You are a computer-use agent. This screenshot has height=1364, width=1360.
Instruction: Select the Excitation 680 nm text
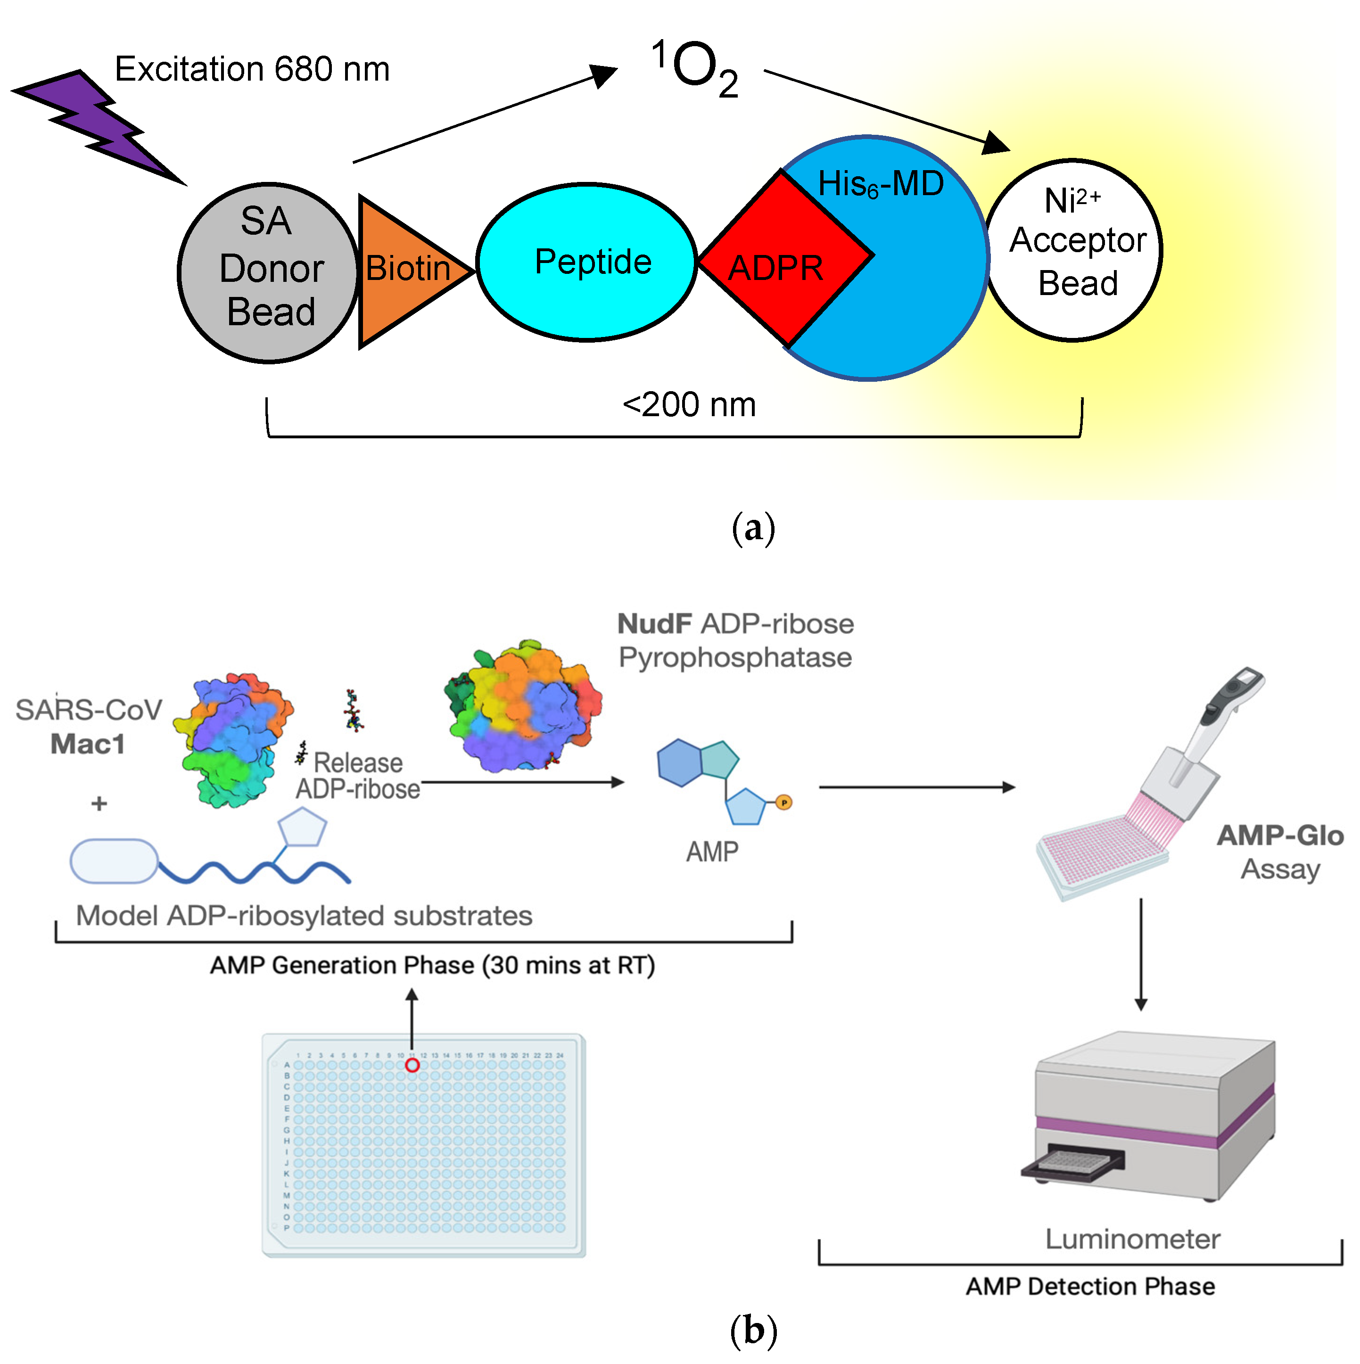click(x=252, y=69)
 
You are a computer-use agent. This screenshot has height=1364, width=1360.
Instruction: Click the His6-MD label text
click(x=881, y=184)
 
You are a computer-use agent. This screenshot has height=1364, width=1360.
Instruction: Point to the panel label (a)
click(x=753, y=528)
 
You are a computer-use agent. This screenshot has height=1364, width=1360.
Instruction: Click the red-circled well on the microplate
click(x=412, y=1065)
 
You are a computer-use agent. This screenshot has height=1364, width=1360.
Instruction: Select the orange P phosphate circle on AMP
click(x=784, y=803)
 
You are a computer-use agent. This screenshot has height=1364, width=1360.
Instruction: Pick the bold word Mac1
click(x=88, y=744)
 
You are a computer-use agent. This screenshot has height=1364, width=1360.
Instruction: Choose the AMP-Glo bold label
click(x=1279, y=836)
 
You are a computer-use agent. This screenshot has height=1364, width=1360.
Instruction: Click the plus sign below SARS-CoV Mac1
click(x=99, y=804)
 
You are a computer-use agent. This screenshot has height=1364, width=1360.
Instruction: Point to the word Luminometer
click(x=1132, y=1239)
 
